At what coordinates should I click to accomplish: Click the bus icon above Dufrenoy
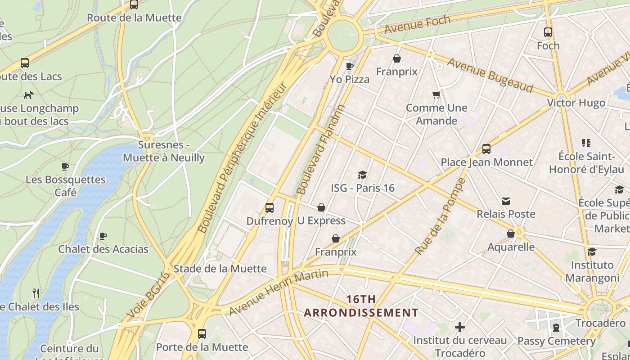270,208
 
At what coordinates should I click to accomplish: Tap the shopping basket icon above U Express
321,207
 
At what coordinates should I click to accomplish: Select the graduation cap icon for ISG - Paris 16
362,175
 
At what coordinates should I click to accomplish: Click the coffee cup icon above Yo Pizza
349,66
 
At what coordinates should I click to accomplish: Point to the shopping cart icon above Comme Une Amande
436,94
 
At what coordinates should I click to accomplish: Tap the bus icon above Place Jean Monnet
486,149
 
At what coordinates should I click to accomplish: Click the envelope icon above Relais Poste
506,201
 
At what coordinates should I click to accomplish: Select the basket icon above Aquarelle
511,234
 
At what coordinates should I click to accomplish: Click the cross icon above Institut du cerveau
459,327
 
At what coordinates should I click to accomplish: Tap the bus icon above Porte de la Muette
202,334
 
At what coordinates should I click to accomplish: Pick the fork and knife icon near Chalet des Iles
36,293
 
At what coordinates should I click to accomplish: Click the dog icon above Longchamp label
28,95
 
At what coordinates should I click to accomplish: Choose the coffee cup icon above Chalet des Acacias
103,236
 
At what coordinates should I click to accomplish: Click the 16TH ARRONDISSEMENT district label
361,306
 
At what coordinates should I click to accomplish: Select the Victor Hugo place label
576,103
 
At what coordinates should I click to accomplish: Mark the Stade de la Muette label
220,269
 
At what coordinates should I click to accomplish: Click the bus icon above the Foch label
548,32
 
